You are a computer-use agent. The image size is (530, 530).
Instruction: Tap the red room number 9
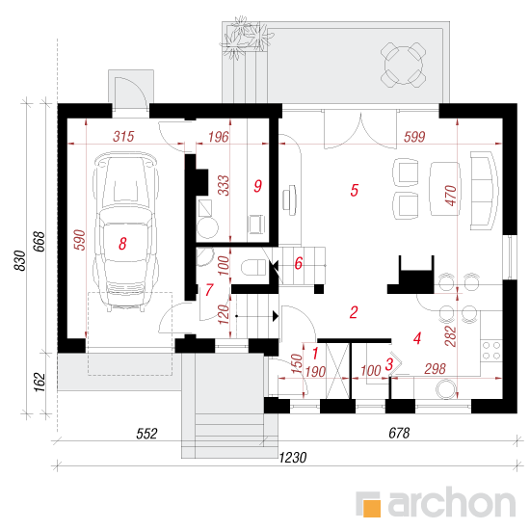tap(257, 186)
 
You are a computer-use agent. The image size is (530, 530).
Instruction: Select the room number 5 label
tap(354, 190)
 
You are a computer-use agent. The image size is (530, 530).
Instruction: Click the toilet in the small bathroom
tap(253, 267)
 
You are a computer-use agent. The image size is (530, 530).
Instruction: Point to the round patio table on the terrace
tap(403, 65)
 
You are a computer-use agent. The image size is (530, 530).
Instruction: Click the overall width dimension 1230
tap(293, 458)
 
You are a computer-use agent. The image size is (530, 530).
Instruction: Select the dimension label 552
tap(146, 434)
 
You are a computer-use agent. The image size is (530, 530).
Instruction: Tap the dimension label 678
tap(399, 433)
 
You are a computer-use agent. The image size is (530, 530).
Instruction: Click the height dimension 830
tap(20, 260)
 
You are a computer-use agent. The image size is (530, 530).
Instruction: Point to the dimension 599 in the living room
tap(414, 137)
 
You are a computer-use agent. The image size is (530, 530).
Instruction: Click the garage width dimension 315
tap(123, 137)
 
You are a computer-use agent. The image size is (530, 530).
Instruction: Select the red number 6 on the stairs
tap(298, 264)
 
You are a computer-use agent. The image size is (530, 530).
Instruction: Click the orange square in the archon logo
tap(371, 508)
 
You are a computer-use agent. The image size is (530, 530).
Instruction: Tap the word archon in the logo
tap(452, 503)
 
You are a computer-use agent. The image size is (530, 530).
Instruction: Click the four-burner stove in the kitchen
tap(491, 351)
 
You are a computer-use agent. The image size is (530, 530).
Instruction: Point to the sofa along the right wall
tap(485, 191)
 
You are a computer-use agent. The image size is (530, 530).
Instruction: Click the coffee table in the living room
tap(444, 189)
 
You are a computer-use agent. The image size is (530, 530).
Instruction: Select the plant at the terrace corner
tap(244, 38)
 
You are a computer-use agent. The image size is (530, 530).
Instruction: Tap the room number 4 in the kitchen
tap(417, 338)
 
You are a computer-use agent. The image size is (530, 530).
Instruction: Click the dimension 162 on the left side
tap(40, 383)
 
